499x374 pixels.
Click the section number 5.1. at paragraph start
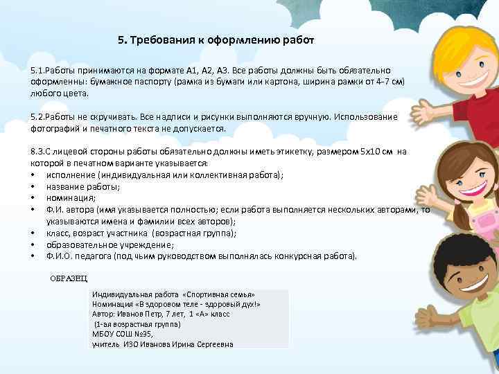point(40,71)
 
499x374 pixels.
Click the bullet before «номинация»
point(33,197)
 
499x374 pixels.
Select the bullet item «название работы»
point(75,186)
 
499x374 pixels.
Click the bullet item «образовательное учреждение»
point(100,244)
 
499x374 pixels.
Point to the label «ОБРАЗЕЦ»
point(69,278)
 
